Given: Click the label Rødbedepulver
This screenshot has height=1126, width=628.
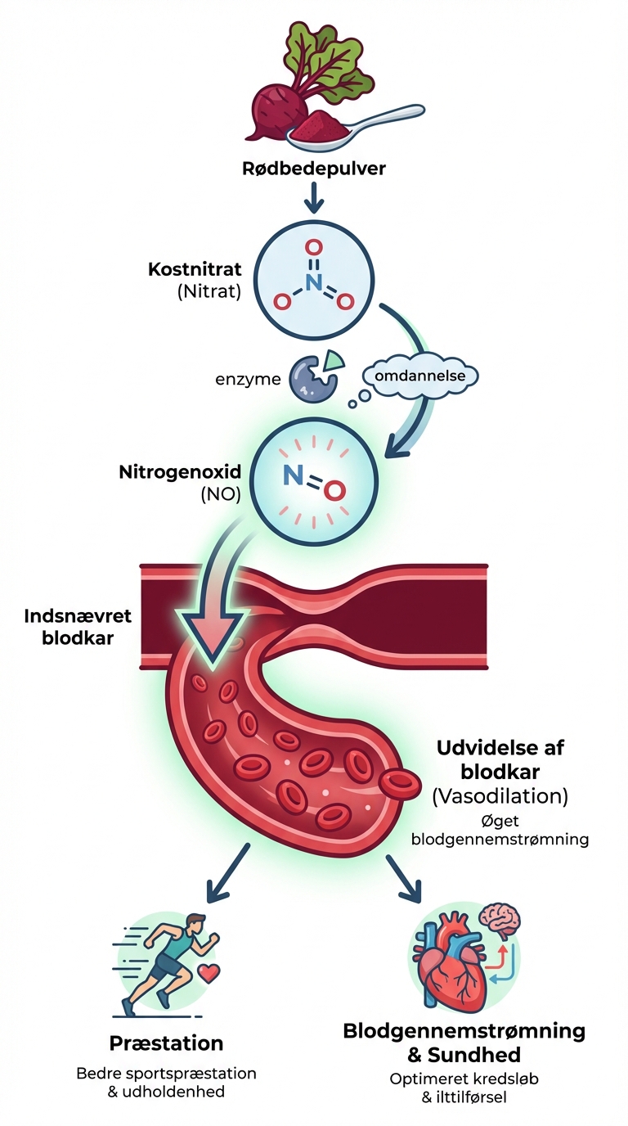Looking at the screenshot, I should click(314, 170).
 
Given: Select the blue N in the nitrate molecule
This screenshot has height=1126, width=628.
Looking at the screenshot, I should click(313, 281).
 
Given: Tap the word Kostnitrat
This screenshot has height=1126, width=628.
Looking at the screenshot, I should click(194, 269).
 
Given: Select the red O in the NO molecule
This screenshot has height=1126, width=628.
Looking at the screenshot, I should click(331, 490).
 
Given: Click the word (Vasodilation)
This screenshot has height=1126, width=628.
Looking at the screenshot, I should click(500, 795).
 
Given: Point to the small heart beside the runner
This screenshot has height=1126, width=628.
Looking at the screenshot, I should click(211, 975).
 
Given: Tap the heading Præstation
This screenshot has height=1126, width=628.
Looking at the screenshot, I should click(166, 1043).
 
